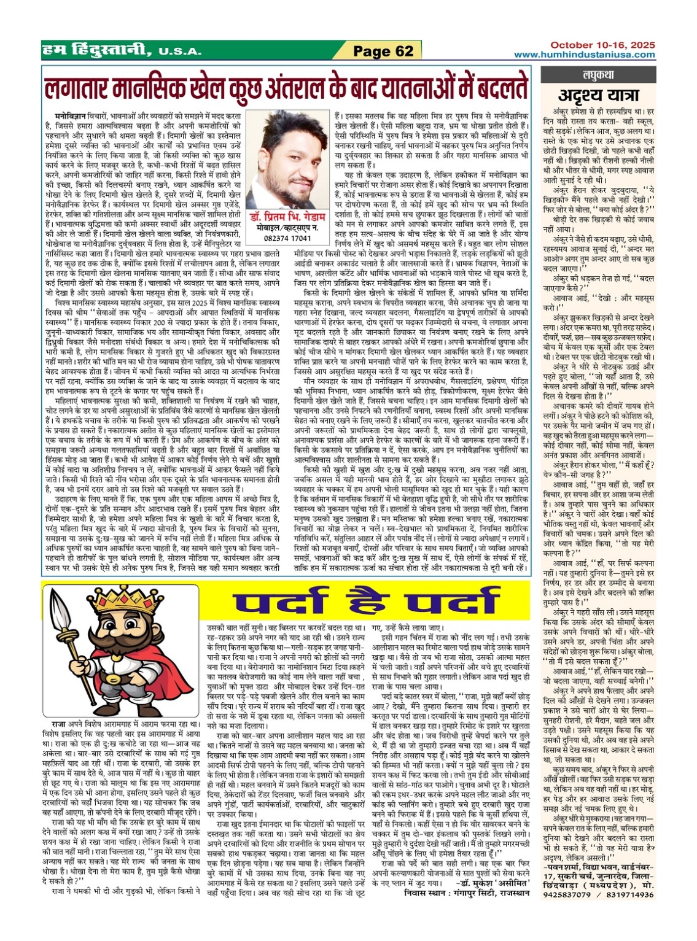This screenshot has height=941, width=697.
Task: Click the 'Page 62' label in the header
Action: click(384, 51)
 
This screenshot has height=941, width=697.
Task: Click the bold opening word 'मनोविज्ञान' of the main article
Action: click(71, 115)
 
